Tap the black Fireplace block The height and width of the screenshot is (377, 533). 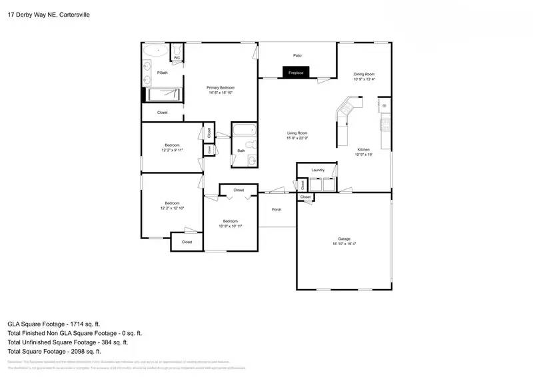[x=295, y=73]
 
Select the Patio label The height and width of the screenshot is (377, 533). [x=297, y=55]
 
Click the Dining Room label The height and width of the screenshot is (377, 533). [x=364, y=74]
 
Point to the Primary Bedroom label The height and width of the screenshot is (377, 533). [x=220, y=87]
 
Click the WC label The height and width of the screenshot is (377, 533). [x=177, y=58]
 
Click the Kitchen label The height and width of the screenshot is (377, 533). [x=363, y=149]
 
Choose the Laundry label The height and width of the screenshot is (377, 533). [x=318, y=171]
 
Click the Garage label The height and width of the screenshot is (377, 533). [x=344, y=238]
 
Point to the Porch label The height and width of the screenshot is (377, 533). [x=276, y=210]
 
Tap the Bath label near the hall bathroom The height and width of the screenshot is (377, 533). [x=241, y=151]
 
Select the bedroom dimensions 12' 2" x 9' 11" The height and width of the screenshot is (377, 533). [x=172, y=150]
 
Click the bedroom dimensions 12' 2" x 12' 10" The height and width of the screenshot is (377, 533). [x=172, y=208]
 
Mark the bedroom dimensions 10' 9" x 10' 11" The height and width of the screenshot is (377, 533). [x=230, y=226]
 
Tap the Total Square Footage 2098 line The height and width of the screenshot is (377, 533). [x=54, y=351]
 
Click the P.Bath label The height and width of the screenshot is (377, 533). [x=162, y=73]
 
